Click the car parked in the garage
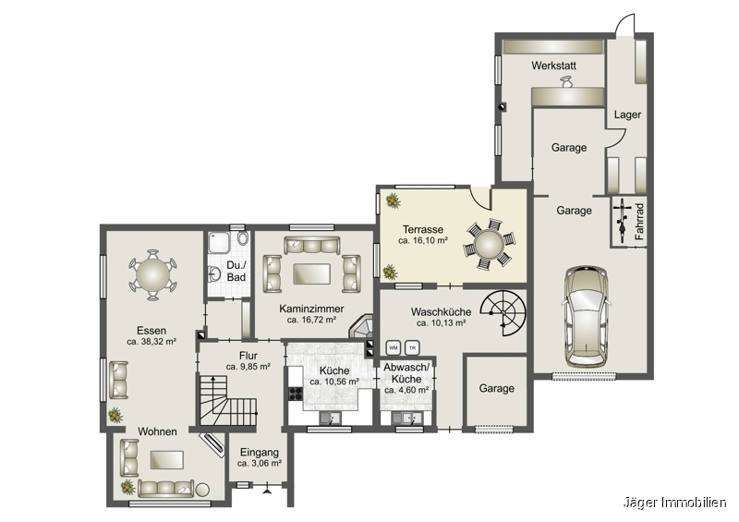point(587,316)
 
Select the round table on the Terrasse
point(489,244)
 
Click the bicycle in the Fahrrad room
point(622,220)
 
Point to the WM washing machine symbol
point(394,348)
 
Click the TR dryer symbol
point(412,348)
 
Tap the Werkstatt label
point(553,66)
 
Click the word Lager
point(627,115)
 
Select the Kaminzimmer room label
point(311,309)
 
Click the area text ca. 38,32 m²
point(151,342)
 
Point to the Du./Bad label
point(236,272)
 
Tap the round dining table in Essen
point(152,275)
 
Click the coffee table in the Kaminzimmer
point(311,274)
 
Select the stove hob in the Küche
point(296,394)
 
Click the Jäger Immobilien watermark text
point(675,504)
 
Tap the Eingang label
point(260,452)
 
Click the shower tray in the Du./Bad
point(219,245)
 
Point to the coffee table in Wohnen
point(167,460)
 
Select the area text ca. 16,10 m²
point(423,240)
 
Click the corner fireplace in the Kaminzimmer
point(362,327)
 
